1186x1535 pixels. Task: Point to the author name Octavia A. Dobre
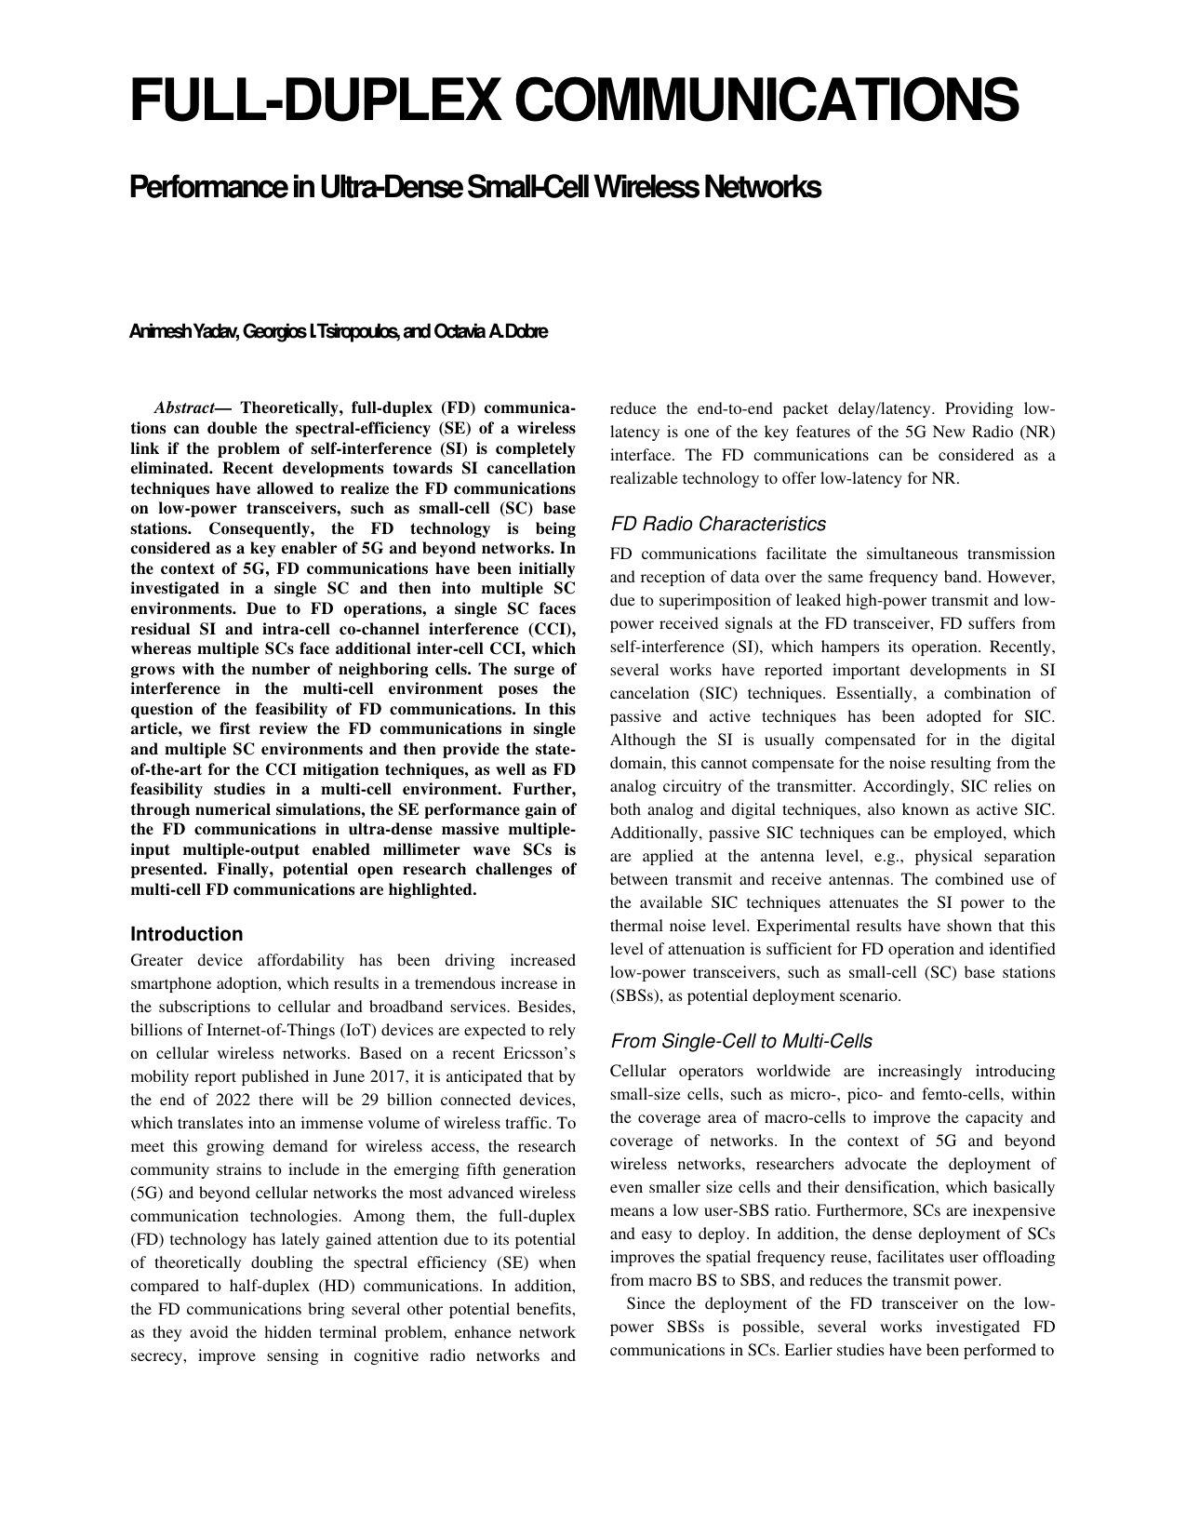(x=490, y=332)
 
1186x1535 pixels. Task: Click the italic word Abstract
(x=183, y=408)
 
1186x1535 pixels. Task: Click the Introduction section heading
(x=186, y=934)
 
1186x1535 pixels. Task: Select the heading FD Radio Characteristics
(x=717, y=524)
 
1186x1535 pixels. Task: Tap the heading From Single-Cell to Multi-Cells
(x=740, y=1040)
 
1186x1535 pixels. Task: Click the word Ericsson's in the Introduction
(x=540, y=1053)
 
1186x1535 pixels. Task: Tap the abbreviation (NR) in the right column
(x=1037, y=432)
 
